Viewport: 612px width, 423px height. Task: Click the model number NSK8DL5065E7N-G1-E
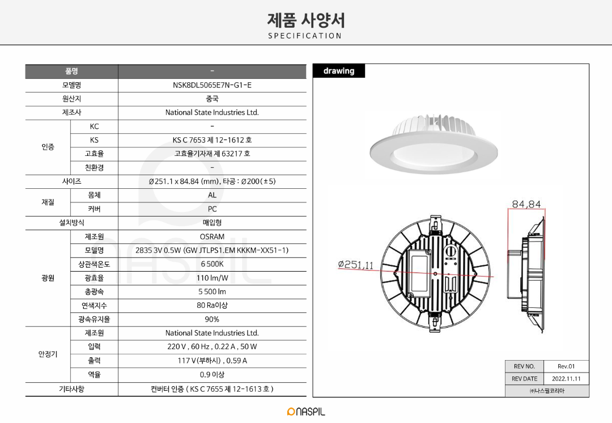(x=212, y=85)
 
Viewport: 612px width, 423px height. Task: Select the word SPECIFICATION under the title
(x=305, y=36)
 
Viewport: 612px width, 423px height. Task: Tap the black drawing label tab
(x=338, y=71)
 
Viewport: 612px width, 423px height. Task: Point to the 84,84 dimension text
(x=526, y=204)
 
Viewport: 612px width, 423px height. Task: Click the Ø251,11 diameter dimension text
(x=356, y=265)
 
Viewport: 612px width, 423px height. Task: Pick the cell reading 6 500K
(x=212, y=264)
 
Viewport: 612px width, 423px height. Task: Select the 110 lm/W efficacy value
(x=212, y=278)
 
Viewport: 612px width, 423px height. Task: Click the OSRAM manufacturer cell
(x=212, y=236)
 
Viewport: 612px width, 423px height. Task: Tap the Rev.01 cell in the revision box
(x=566, y=366)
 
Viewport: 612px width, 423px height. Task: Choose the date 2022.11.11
(x=566, y=379)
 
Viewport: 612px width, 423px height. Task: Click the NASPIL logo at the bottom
(x=306, y=412)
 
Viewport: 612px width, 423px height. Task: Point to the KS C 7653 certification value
(x=212, y=140)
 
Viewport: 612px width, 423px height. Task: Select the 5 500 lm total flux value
(x=212, y=292)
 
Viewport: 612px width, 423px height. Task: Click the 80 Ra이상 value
(x=212, y=306)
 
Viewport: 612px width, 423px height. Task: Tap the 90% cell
(x=212, y=319)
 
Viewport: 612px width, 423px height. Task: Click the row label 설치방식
(x=71, y=223)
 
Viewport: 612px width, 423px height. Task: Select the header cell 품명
(x=71, y=71)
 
